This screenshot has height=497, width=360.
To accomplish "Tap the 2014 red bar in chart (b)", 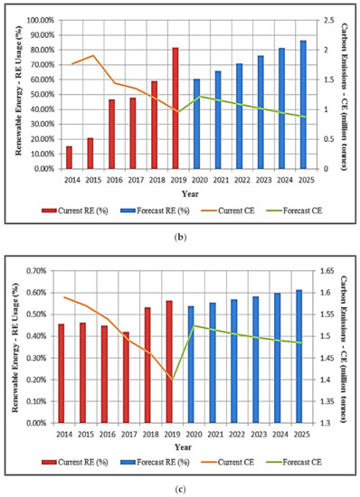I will pos(69,156).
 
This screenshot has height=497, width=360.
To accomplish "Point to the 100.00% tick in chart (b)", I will pos(39,20).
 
